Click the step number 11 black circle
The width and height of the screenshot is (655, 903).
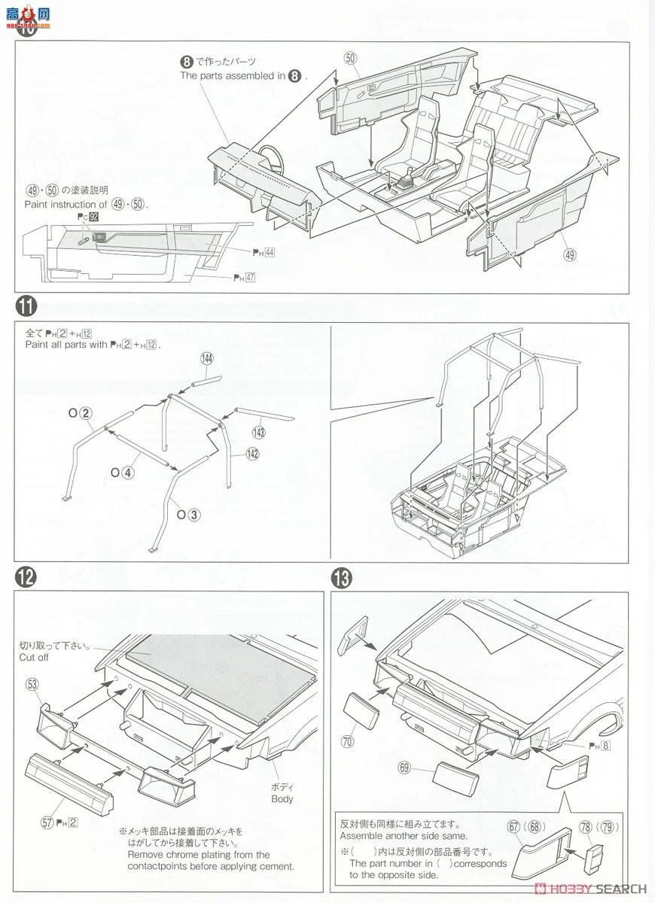(26, 307)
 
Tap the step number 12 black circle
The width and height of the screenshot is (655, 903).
(26, 577)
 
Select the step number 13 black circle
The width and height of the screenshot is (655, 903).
(341, 578)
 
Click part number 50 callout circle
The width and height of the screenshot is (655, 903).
(350, 58)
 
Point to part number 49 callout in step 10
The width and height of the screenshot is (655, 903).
(570, 254)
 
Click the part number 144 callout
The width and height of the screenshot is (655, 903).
(207, 359)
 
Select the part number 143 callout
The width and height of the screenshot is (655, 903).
(259, 432)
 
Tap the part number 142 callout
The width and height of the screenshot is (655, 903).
(251, 455)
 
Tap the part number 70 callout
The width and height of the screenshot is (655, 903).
(346, 741)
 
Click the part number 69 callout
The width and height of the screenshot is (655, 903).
(405, 768)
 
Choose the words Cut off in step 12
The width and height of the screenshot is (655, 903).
(33, 657)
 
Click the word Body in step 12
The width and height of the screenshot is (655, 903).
(282, 798)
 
